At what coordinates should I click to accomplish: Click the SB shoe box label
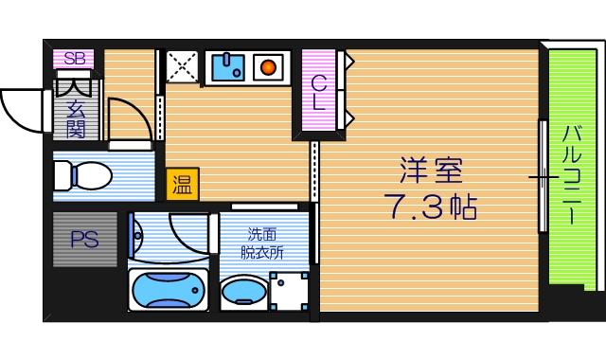coord(73,58)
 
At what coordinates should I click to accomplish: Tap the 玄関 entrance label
coord(76,119)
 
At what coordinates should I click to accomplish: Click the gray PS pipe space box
coord(84,240)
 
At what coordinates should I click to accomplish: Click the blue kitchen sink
coord(226,67)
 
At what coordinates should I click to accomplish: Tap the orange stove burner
coord(269,67)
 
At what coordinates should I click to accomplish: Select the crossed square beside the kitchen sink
coord(181,67)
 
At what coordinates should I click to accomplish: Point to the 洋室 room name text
coord(430,171)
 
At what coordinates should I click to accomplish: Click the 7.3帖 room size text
coord(430,206)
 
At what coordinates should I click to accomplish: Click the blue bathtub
coord(168,289)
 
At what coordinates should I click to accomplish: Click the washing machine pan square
coord(288,290)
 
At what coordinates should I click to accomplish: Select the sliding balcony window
coord(543,176)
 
